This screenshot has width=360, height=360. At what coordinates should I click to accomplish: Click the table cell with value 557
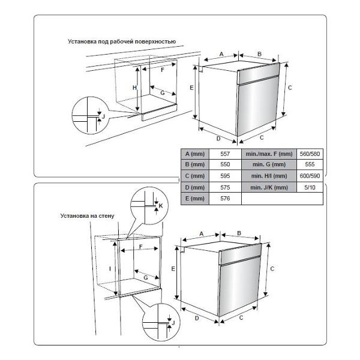point(225,154)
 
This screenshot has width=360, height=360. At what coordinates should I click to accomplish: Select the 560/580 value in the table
point(310,154)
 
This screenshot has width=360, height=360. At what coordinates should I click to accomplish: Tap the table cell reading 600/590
point(310,176)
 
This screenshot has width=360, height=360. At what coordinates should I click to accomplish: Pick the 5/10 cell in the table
point(310,187)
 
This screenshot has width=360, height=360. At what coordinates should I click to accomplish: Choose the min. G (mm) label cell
point(269,165)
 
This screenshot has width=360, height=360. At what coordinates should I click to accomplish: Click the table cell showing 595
point(225,176)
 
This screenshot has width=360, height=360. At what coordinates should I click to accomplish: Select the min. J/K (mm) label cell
point(269,187)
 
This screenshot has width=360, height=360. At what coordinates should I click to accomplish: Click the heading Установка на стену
point(86,214)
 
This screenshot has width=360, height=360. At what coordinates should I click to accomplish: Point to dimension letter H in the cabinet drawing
point(134,88)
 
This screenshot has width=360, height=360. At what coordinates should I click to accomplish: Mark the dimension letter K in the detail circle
point(160,206)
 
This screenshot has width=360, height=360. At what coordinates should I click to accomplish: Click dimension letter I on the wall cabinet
point(110,269)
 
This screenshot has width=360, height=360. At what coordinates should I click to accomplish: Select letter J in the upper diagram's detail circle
point(103,115)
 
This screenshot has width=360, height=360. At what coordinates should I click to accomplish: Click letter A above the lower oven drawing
point(202,233)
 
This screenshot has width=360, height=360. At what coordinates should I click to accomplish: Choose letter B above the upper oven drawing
point(259,54)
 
